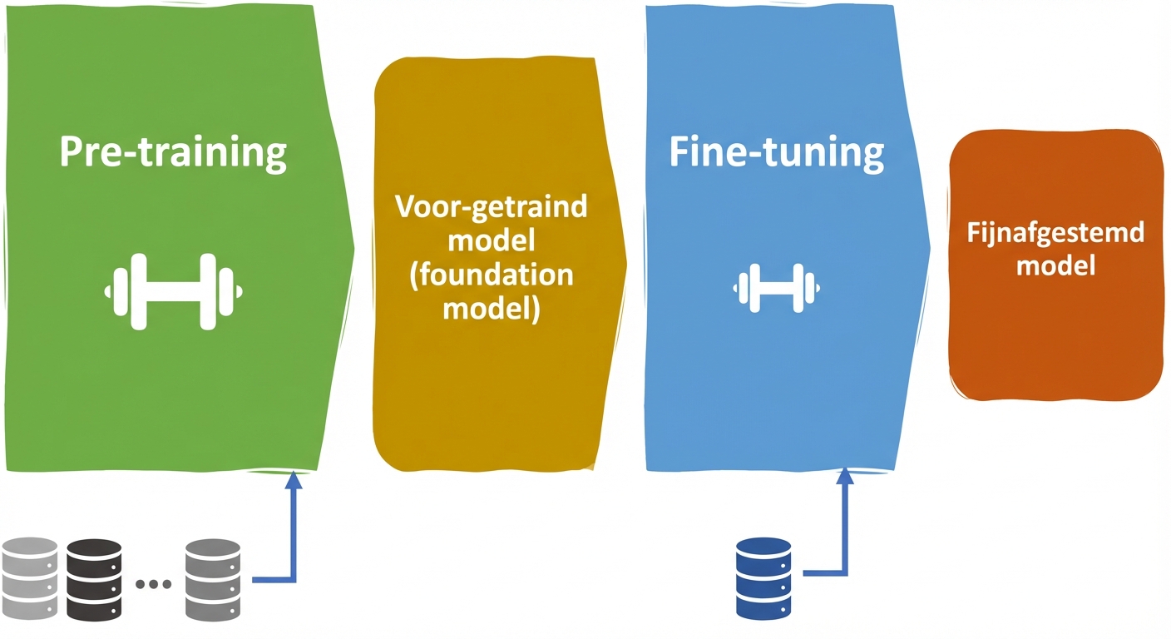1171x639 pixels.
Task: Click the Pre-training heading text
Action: click(173, 153)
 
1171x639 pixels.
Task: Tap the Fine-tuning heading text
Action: click(776, 153)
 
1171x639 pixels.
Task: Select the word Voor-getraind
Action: click(491, 207)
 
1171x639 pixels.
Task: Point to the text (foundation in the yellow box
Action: click(491, 275)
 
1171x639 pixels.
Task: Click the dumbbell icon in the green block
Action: click(173, 291)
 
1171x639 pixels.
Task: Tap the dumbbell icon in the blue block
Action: click(773, 289)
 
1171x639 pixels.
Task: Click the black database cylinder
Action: click(94, 578)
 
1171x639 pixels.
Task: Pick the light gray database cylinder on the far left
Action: click(30, 578)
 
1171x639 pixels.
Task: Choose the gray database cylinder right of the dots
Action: click(212, 578)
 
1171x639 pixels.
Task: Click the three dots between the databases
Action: click(153, 584)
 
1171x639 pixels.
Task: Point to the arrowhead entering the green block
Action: click(293, 480)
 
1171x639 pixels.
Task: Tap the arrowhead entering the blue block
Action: click(845, 478)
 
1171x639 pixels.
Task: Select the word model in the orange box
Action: click(1055, 266)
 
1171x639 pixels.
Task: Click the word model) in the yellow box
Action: click(491, 309)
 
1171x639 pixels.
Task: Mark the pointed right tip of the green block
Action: click(353, 246)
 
